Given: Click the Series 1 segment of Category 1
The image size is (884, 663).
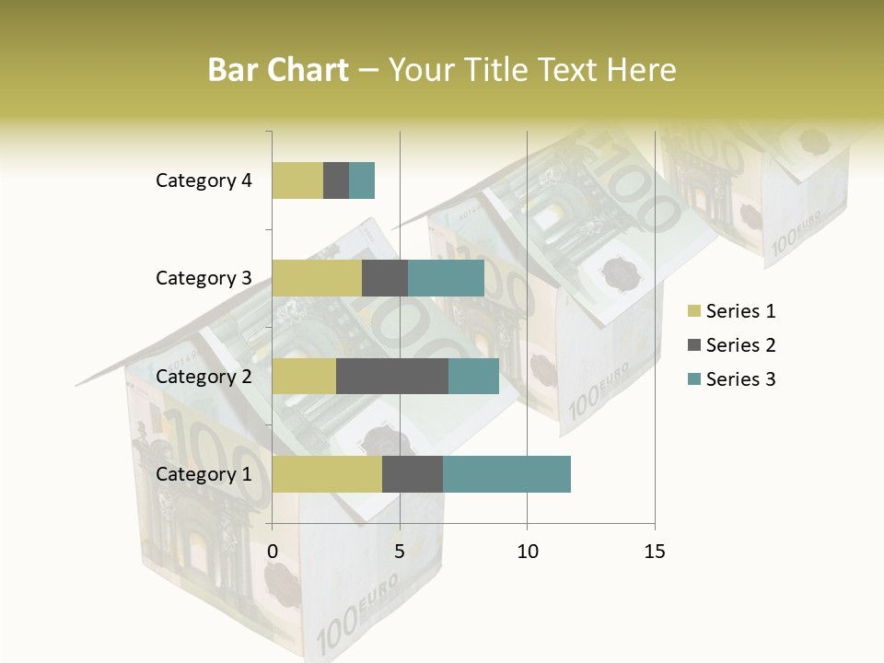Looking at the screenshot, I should tap(327, 474).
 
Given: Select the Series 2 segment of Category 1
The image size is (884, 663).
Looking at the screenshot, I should tap(413, 474).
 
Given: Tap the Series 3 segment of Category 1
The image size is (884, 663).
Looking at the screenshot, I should tap(506, 474).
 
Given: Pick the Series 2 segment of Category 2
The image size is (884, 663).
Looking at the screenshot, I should tap(392, 376).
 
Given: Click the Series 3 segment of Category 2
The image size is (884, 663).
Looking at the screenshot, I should tap(473, 376).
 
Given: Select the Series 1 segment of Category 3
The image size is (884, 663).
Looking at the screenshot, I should tap(317, 278).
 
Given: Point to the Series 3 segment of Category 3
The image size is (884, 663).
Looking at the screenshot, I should tap(446, 278).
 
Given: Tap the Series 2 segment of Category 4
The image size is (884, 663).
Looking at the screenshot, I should tap(336, 180).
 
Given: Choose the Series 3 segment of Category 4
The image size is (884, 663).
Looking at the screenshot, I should tap(362, 180).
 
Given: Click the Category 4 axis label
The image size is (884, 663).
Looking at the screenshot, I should tap(204, 180).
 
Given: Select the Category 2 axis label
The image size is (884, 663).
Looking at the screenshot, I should tap(204, 376).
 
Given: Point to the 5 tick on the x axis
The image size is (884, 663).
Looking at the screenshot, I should tap(400, 552).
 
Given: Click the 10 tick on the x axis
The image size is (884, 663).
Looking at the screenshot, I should tap(527, 552).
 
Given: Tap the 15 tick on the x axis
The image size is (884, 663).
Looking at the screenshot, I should tap(654, 552).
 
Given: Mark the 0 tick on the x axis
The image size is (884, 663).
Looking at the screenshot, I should tap(273, 552).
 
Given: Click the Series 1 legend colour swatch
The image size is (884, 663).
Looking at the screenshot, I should tap(693, 311).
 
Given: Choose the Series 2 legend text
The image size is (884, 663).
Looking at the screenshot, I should tap(740, 345).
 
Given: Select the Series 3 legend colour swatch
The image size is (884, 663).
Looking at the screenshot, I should tap(693, 379).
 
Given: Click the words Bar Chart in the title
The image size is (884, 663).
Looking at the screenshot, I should tap(278, 69).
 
